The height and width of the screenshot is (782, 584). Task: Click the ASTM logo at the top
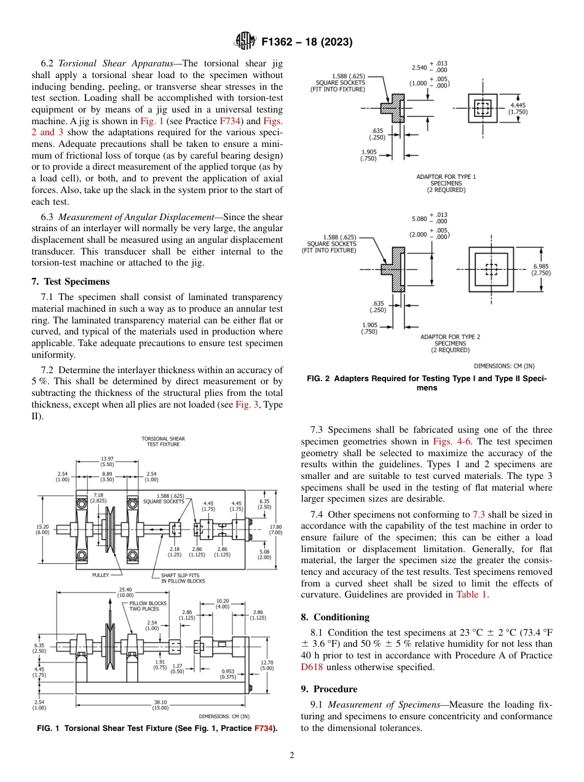(245, 42)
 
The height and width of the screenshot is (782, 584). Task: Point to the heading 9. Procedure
(329, 689)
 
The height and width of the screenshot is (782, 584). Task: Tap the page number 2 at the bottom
(292, 756)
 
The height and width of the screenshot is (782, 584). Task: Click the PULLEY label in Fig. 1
(101, 575)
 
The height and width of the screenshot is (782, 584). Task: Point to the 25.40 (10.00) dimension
(125, 591)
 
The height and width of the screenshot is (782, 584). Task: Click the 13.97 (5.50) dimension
(106, 461)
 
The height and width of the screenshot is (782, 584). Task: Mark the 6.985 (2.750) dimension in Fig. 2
(541, 270)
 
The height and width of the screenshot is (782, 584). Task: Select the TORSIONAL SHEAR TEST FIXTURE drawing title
(163, 441)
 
